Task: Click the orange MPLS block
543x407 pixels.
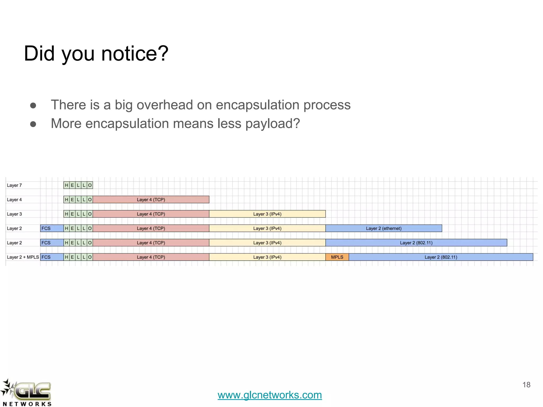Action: (x=337, y=257)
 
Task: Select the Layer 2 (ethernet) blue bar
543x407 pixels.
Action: (x=384, y=228)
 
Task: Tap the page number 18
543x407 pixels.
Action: (x=526, y=385)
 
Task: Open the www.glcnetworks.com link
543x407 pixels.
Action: (x=270, y=395)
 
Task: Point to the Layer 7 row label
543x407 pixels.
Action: (x=14, y=185)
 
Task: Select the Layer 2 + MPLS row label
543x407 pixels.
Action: (x=23, y=257)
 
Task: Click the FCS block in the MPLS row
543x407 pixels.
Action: (x=51, y=257)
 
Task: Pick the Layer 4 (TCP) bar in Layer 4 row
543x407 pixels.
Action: (x=151, y=200)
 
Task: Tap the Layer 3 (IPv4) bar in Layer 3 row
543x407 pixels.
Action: (x=267, y=214)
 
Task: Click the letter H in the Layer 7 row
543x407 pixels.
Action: (x=67, y=185)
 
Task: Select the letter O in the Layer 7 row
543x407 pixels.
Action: (x=90, y=185)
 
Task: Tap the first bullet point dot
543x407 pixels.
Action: (x=33, y=106)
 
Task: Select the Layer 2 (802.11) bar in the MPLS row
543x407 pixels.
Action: (x=441, y=257)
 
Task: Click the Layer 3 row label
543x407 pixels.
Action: (x=14, y=214)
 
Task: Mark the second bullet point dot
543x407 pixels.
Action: (x=33, y=124)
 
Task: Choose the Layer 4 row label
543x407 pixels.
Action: (x=14, y=200)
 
